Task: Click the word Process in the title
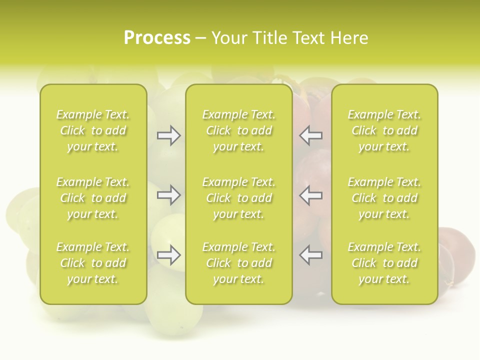click(x=157, y=38)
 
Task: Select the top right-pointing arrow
click(x=168, y=135)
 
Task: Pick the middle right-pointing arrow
click(x=168, y=195)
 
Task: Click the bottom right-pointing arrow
click(x=168, y=255)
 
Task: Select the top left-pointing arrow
click(x=311, y=135)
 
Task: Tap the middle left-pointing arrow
click(x=311, y=195)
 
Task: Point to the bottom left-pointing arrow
click(x=311, y=255)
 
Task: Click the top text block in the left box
click(x=93, y=130)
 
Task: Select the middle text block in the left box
click(x=93, y=198)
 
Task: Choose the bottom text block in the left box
click(x=93, y=263)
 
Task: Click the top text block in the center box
click(x=239, y=130)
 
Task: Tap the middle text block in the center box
click(x=239, y=198)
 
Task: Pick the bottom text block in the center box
click(x=239, y=263)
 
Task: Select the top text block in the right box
click(x=384, y=130)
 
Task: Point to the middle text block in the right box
click(x=384, y=198)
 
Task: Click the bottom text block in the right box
click(x=384, y=263)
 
